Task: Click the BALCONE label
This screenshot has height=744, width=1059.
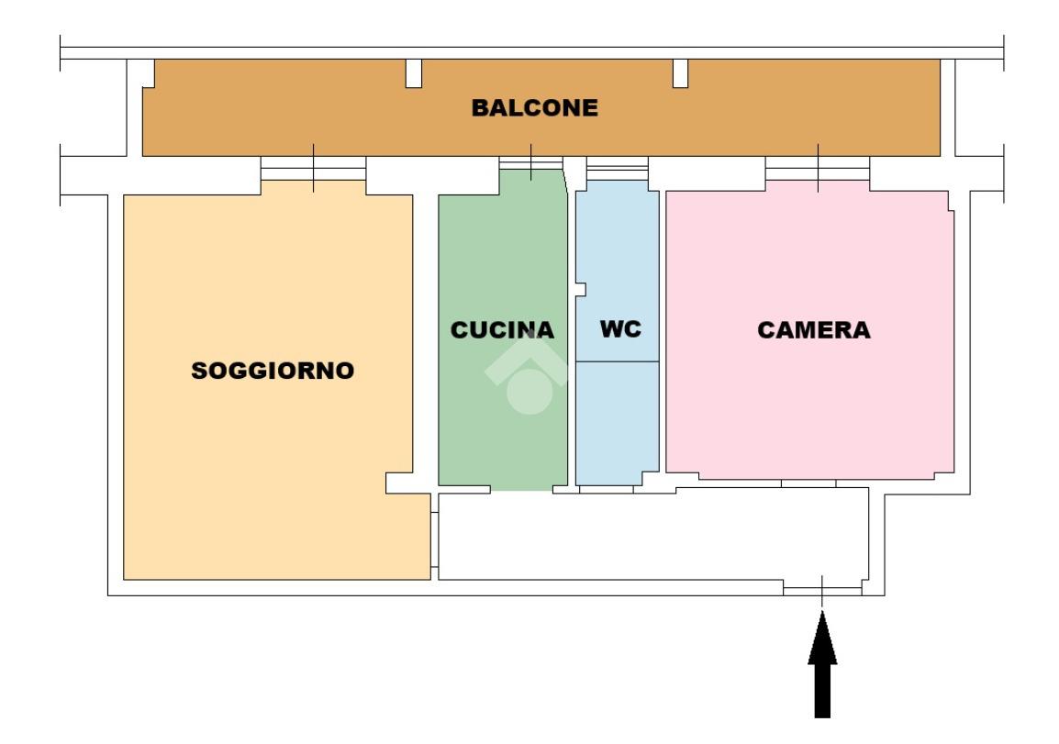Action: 534,108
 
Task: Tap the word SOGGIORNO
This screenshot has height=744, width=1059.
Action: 273,371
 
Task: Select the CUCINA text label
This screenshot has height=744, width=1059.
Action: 503,330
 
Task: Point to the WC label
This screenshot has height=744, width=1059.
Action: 620,329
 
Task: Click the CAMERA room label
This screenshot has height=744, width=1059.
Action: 814,330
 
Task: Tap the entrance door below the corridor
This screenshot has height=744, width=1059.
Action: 822,589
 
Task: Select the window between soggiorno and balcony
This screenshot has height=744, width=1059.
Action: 313,168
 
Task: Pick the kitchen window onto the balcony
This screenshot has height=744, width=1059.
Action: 530,163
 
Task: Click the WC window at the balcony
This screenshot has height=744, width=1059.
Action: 617,168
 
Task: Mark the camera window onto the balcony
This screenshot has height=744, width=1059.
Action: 818,168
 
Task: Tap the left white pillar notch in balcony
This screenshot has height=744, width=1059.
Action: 414,73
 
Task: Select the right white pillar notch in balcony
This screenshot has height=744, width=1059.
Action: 680,73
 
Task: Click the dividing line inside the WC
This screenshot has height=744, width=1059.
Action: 617,361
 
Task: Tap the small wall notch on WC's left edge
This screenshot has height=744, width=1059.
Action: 581,290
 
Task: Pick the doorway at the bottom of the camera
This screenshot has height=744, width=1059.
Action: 808,483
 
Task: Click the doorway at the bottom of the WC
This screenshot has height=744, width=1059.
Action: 606,490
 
